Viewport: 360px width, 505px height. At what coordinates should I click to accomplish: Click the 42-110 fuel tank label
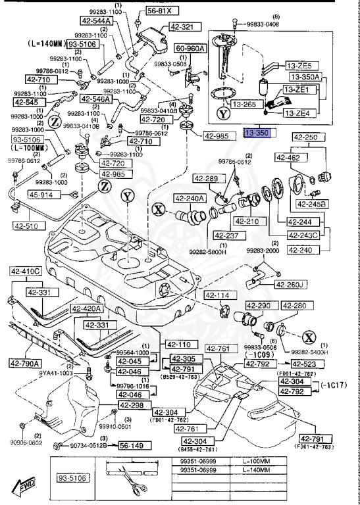(x=178, y=345)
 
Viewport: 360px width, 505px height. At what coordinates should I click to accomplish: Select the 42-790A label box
(x=25, y=363)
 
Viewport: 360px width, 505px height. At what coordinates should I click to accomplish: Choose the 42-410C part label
(x=25, y=271)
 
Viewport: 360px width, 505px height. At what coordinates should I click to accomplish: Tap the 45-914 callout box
(x=42, y=195)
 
